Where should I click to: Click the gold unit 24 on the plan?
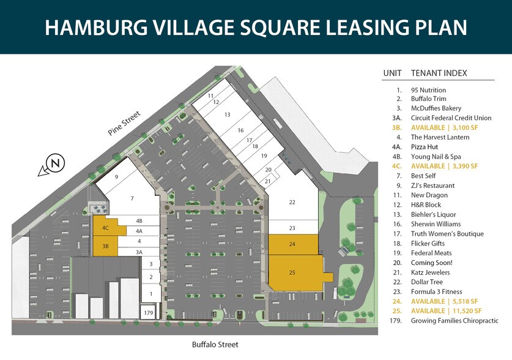(292, 244)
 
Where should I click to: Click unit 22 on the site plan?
(292, 202)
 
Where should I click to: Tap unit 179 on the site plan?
(148, 313)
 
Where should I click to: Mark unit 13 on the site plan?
(227, 114)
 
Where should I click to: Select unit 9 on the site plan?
(116, 176)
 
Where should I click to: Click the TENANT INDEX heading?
(439, 73)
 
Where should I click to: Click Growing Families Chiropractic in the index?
(454, 320)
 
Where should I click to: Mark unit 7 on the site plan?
(132, 199)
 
